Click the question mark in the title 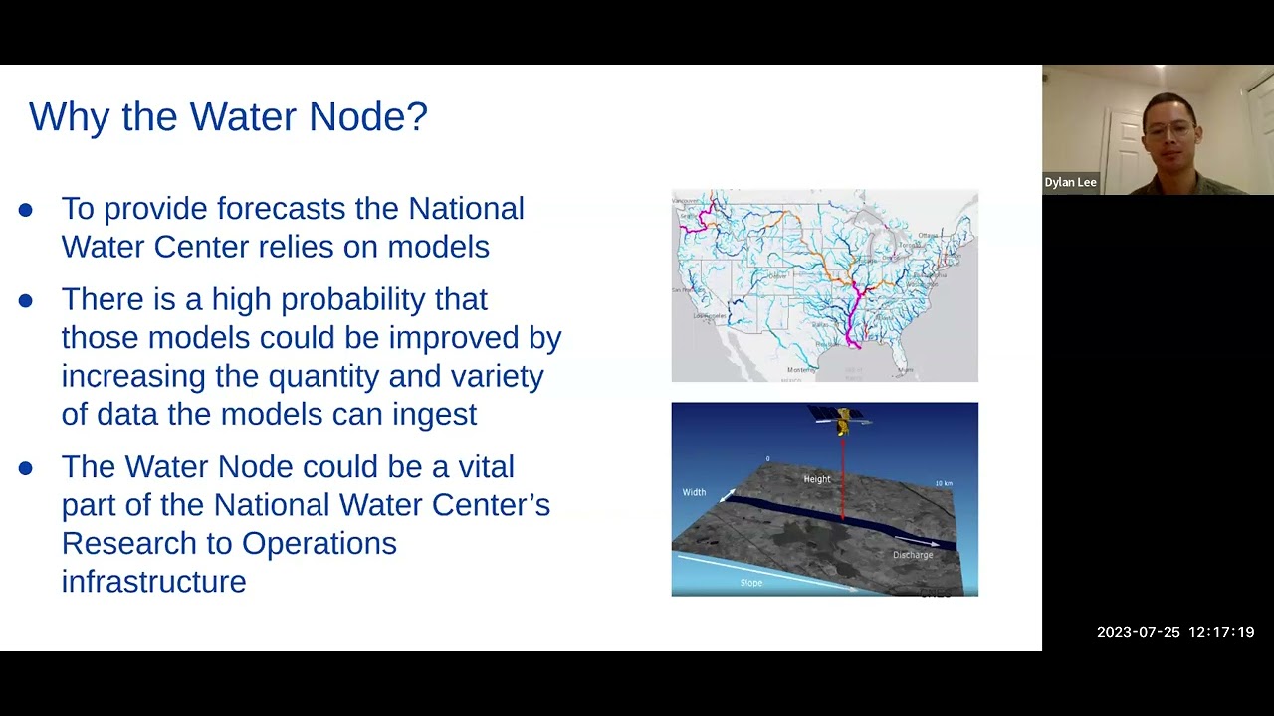point(418,116)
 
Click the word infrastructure point(153,582)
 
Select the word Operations point(318,544)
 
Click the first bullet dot point(26,210)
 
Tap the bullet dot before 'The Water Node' point(26,468)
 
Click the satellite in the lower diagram point(841,419)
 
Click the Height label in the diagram point(816,479)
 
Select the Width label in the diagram point(694,492)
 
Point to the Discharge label point(912,555)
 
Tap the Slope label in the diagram point(750,583)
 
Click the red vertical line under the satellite point(843,477)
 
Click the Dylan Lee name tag point(1070,182)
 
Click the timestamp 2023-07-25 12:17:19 point(1174,632)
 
